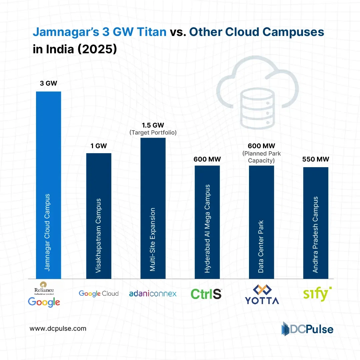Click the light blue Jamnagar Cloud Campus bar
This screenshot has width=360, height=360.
coord(48,185)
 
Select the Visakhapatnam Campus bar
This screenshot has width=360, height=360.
coord(99,216)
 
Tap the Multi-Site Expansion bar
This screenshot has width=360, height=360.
coord(153,208)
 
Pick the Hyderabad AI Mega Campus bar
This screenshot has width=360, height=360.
coord(207,222)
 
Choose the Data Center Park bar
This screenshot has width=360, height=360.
coord(261,222)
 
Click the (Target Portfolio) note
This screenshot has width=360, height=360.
coord(153,133)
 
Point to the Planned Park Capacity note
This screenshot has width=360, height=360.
coord(261,157)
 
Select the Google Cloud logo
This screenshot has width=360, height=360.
coord(99,293)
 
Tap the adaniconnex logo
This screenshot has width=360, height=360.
coord(153,293)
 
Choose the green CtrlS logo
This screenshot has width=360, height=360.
coord(206,294)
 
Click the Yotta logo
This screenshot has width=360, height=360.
coord(261,294)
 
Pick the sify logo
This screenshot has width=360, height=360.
coord(317,294)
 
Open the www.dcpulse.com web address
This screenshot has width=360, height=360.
coord(58,328)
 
